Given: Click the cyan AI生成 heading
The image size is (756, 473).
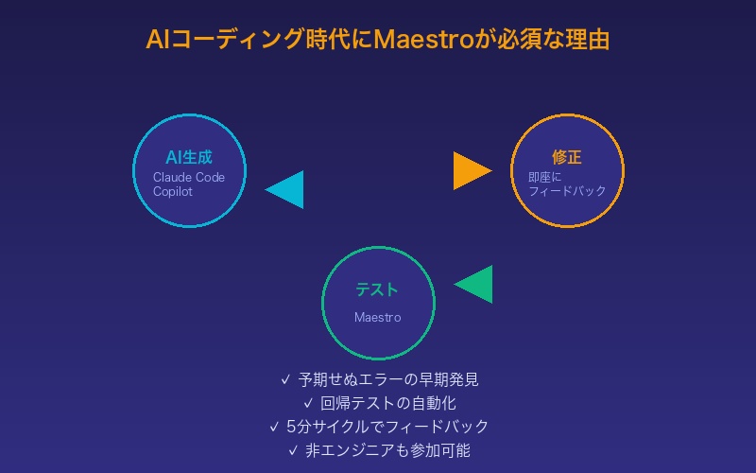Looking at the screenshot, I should (189, 157).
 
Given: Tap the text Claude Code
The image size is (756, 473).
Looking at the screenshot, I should (189, 177).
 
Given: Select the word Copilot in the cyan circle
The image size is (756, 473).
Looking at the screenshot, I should (173, 191).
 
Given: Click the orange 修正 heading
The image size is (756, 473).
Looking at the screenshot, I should (567, 157).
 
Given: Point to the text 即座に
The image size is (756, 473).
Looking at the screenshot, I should (544, 177).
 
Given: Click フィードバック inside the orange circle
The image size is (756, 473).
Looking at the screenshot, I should (567, 191).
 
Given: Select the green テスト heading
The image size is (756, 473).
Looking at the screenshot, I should (377, 290).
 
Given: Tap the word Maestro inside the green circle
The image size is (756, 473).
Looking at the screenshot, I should (377, 317).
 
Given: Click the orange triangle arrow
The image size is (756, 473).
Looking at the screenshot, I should (470, 171).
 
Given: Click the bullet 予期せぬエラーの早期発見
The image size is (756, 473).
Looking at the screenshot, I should (388, 380).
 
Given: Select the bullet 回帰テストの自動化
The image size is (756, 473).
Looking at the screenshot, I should (388, 403).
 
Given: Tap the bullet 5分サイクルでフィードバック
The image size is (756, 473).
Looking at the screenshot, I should (387, 427).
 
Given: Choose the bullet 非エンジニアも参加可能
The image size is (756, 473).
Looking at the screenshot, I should (387, 450).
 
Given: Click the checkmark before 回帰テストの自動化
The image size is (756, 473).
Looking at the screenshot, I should (308, 403).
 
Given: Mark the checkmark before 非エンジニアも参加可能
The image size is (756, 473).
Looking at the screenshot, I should (292, 450).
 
